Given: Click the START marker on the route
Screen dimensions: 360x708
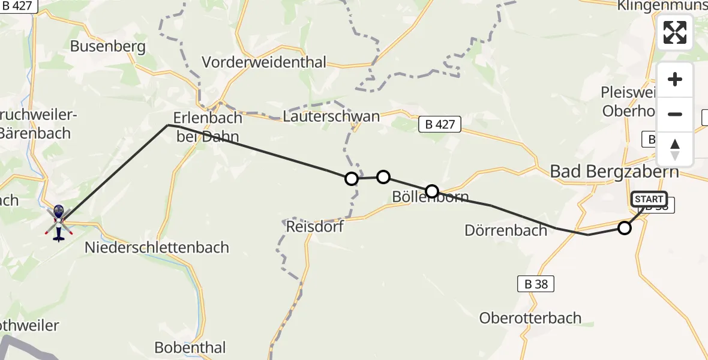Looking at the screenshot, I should (x=649, y=199).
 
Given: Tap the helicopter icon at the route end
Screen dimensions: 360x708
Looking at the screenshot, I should (x=59, y=221).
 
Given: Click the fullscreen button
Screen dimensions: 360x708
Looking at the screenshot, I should (x=675, y=32).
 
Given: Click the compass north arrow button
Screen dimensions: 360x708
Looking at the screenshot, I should (x=675, y=149).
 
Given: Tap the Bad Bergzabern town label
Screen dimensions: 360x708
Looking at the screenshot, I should (x=614, y=172).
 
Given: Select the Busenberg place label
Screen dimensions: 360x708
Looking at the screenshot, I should (x=108, y=46).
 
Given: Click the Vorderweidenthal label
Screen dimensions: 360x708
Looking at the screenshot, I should (x=264, y=62).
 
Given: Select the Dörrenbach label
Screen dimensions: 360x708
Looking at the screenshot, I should (x=506, y=230).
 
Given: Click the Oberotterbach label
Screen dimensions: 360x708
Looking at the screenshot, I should (x=530, y=318).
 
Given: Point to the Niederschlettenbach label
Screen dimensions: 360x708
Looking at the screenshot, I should (x=157, y=247).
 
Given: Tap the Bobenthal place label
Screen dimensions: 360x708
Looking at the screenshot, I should (x=190, y=347).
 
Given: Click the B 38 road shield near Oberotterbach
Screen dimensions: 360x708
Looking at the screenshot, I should (x=536, y=284).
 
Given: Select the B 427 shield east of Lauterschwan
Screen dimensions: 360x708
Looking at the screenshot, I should (x=440, y=125).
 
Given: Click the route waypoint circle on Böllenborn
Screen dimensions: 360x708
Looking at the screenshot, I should (x=432, y=192).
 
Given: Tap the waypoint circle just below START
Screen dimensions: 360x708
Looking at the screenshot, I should (x=625, y=228).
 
